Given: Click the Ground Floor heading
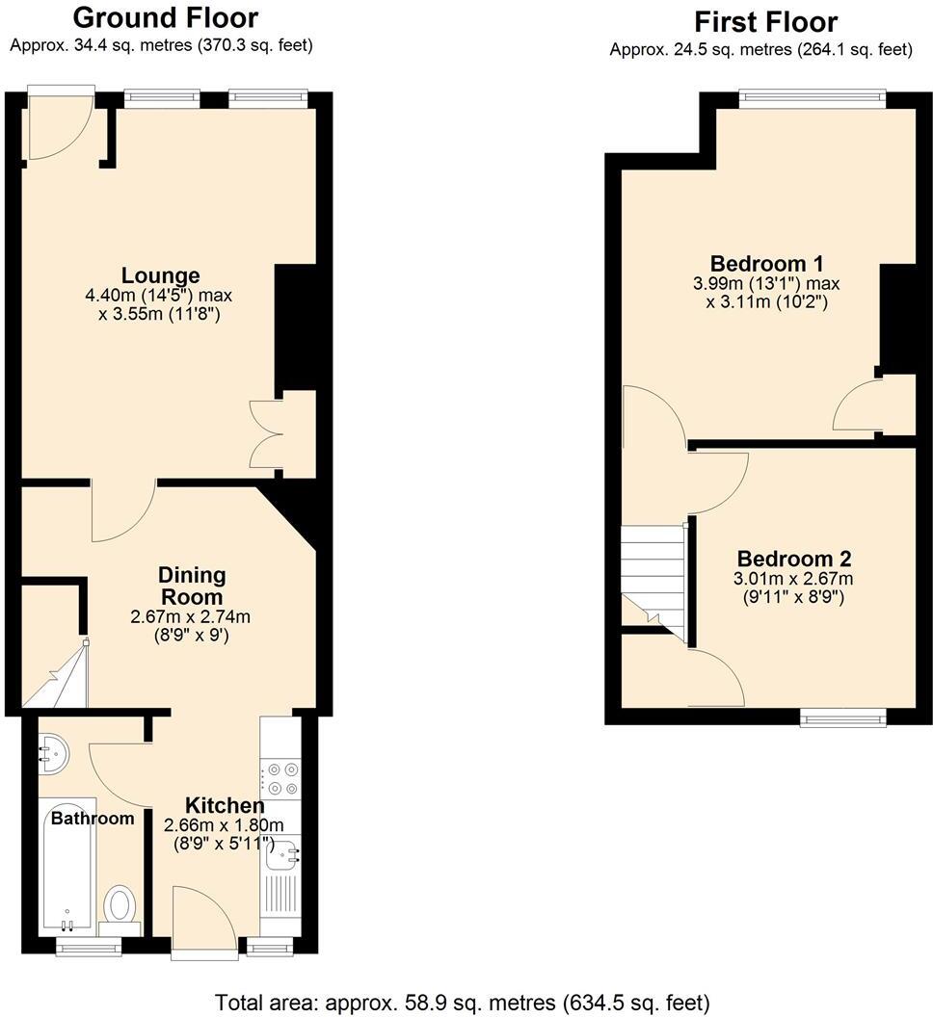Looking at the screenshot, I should click(165, 17).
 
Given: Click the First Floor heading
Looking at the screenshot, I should click(765, 21).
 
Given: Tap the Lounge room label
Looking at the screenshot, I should click(160, 276).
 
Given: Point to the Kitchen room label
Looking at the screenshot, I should click(224, 805).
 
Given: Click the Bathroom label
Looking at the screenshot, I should click(93, 819).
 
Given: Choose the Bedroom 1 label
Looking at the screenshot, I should click(758, 264).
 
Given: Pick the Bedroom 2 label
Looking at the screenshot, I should click(794, 559).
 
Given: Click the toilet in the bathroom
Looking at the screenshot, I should click(120, 906).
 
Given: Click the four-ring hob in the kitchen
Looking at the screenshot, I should click(281, 778).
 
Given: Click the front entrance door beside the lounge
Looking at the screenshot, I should click(60, 125).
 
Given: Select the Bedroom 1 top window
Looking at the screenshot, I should click(812, 94).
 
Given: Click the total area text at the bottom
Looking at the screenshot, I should click(463, 1001).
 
